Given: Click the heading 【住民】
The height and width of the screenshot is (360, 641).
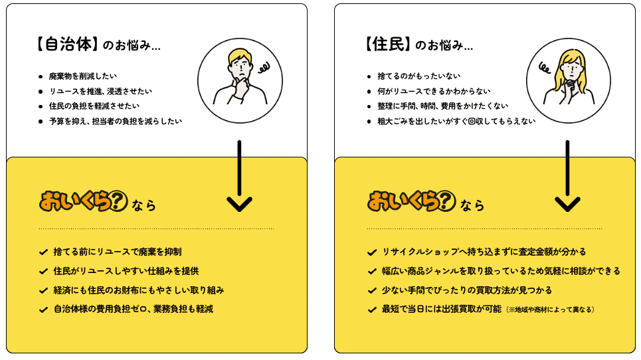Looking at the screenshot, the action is tap(388, 44).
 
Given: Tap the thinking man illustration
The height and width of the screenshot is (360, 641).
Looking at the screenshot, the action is tap(240, 80).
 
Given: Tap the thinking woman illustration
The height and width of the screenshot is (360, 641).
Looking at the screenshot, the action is tap(569, 80).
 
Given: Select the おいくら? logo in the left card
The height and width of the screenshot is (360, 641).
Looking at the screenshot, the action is tap(84, 201).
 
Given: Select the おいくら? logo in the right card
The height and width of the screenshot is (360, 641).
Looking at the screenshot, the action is tap(412, 201).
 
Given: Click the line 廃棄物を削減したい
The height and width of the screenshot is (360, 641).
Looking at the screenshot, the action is tap(82, 76).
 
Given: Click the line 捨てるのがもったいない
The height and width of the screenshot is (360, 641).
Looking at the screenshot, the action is tap(418, 76).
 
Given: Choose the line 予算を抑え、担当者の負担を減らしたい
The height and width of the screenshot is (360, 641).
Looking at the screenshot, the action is tap(116, 122).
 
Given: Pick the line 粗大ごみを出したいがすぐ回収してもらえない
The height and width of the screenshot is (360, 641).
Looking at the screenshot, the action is tap(456, 122).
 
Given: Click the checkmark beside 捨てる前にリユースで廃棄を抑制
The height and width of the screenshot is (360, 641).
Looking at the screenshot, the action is tap(43, 252).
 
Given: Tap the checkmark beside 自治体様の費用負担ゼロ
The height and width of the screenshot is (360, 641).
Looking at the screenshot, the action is tap(43, 310).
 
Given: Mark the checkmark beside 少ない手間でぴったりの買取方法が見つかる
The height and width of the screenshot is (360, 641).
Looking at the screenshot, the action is tap(372, 290).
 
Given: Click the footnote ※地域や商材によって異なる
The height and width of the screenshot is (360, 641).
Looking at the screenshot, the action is tap(550, 310).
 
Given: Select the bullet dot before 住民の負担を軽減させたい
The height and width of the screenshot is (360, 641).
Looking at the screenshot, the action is tap(41, 107).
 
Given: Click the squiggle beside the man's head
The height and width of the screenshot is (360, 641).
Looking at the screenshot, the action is tap(264, 68).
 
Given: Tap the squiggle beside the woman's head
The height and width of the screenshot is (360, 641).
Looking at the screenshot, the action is tap(545, 68).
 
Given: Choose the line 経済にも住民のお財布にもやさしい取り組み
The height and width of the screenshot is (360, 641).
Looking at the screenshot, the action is tap(139, 290).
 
